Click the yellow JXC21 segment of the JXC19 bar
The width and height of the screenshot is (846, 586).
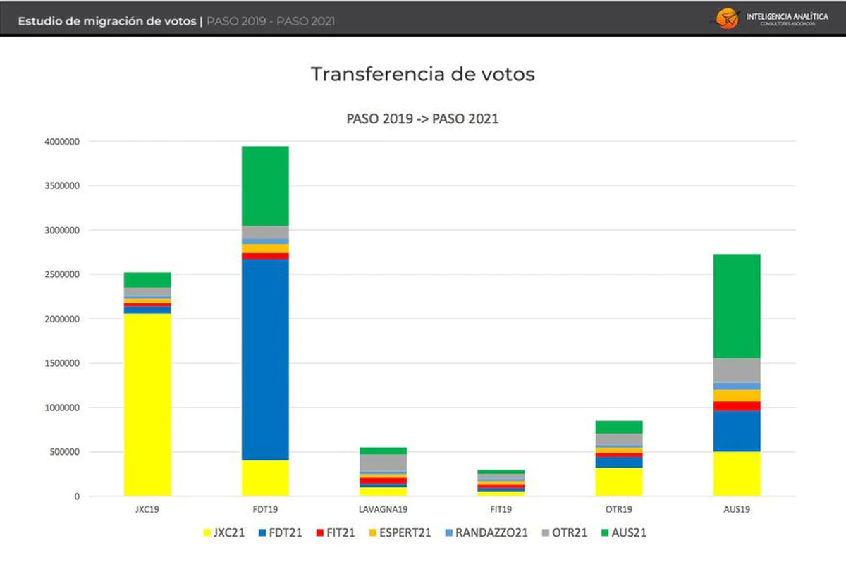click(x=147, y=405)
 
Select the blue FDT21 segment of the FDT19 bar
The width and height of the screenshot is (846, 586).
click(x=265, y=360)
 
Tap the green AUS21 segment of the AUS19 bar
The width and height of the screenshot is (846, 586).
click(x=737, y=306)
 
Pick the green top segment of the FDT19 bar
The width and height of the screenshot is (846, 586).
click(x=265, y=186)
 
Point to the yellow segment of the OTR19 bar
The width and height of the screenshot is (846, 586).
click(x=619, y=482)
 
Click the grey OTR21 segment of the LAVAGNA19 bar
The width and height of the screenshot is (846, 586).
click(x=383, y=463)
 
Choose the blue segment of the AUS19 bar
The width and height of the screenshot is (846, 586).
click(x=737, y=431)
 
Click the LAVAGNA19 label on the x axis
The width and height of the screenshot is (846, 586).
click(x=383, y=508)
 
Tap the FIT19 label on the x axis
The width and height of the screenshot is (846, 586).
click(x=501, y=508)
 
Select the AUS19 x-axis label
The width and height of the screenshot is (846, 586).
click(x=737, y=508)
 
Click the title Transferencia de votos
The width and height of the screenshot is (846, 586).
click(x=423, y=75)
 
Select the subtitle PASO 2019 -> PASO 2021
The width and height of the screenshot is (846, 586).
click(x=422, y=119)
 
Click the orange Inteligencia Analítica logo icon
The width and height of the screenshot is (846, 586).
click(x=726, y=18)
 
